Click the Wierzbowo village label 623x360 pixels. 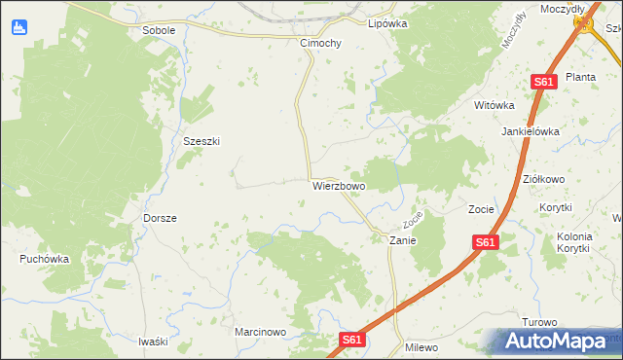339,185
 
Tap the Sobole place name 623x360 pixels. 159,30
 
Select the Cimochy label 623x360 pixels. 320,44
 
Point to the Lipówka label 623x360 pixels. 386,22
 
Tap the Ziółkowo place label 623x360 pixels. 544,179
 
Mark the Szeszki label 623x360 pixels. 202,140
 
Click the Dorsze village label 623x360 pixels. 160,218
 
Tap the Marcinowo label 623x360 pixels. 260,332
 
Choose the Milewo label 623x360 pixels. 421,347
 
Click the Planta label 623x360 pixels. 581,77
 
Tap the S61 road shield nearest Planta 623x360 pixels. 543,83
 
